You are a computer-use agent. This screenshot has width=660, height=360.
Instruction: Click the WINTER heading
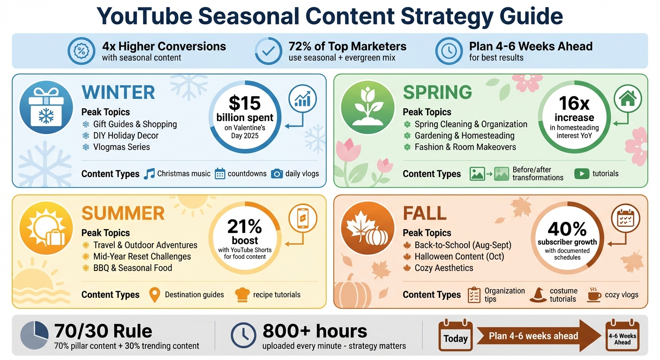pos(118,93)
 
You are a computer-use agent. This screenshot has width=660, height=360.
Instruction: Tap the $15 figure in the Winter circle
pos(245,103)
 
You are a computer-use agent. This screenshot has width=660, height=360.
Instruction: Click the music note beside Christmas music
pos(149,174)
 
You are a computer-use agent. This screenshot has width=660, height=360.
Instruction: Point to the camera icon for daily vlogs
pos(277,174)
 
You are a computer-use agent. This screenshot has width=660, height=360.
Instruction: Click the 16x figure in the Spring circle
pos(574,103)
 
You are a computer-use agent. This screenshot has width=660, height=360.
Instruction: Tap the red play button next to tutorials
pos(582,174)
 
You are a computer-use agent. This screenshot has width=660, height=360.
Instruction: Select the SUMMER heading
pos(123,214)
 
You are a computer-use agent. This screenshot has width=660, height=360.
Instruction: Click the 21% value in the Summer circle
pos(245,227)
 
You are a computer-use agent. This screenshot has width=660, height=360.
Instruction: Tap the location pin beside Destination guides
pos(154,295)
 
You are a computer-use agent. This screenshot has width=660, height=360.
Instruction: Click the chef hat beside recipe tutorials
pos(242,295)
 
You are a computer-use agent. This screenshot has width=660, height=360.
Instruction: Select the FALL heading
pos(425,214)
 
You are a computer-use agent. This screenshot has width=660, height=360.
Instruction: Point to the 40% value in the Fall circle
pos(567,229)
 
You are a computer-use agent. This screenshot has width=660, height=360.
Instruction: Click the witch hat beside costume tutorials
pos(538,295)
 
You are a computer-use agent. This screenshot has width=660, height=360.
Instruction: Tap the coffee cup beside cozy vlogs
pos(594,295)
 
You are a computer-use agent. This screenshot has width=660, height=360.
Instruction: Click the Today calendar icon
pos(455,335)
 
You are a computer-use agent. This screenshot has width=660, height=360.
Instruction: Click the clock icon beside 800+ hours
pos(243,335)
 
